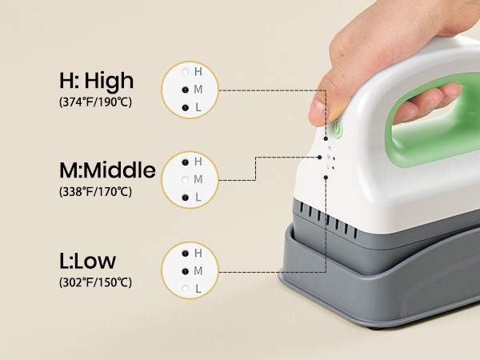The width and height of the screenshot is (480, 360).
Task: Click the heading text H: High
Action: pyautogui.click(x=96, y=81)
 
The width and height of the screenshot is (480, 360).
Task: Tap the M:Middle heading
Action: pyautogui.click(x=106, y=170)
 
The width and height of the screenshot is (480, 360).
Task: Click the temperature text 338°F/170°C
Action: pyautogui.click(x=95, y=192)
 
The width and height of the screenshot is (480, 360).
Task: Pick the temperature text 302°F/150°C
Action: pyautogui.click(x=95, y=282)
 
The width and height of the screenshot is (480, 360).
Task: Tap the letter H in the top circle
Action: pyautogui.click(x=198, y=72)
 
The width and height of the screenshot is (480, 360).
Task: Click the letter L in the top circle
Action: pyautogui.click(x=198, y=107)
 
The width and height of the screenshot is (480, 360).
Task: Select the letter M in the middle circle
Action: pyautogui.click(x=198, y=178)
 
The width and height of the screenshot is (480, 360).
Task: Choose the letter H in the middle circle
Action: pyautogui.click(x=198, y=161)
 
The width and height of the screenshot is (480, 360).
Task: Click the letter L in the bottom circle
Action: pyautogui.click(x=198, y=288)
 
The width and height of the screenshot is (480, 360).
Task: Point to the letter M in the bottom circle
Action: pyautogui.click(x=198, y=270)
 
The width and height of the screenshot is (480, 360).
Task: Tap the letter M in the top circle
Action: pyautogui.click(x=198, y=90)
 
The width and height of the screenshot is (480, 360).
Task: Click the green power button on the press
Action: pyautogui.click(x=338, y=128)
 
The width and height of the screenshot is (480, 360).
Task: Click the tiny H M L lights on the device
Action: pyautogui.click(x=329, y=157)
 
